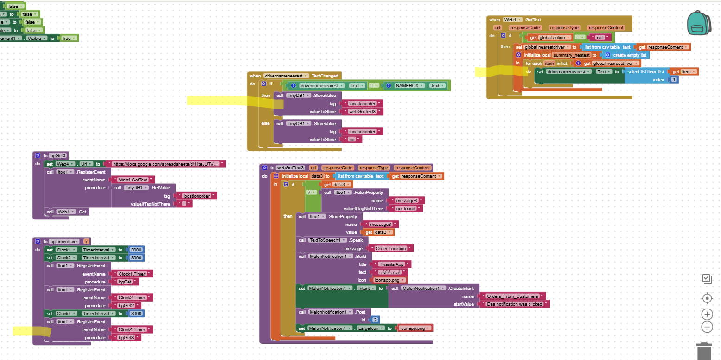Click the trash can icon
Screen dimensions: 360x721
(704, 351)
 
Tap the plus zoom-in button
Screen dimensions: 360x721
(707, 314)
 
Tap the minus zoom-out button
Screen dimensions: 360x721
(707, 327)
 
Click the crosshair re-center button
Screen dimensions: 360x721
(707, 298)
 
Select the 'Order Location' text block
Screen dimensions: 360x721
(390, 248)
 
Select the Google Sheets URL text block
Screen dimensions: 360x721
(166, 164)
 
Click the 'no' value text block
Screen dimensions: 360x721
(351, 139)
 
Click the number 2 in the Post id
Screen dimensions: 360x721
(375, 320)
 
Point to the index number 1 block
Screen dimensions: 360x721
(674, 79)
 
